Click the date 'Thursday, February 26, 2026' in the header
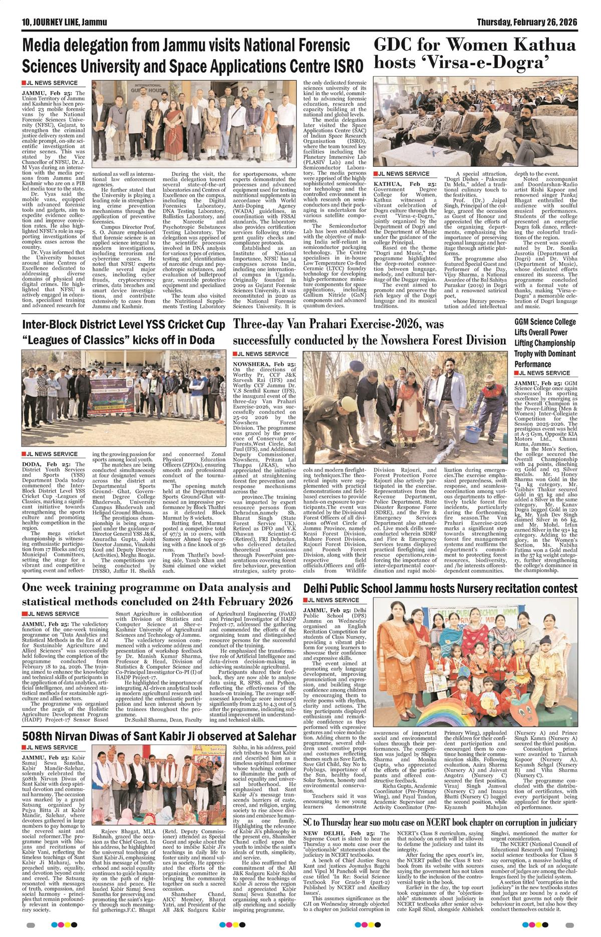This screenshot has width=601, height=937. coord(527,23)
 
